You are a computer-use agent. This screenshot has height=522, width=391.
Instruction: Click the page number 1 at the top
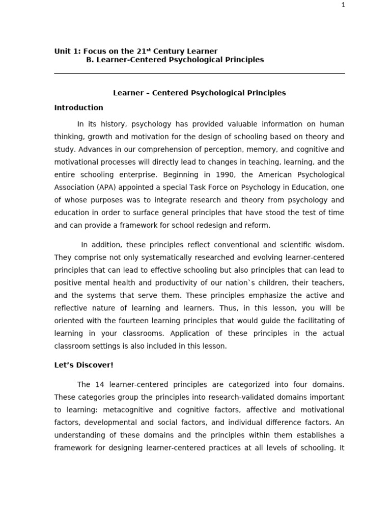(x=343, y=5)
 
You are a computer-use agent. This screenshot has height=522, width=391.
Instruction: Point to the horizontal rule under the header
(x=200, y=73)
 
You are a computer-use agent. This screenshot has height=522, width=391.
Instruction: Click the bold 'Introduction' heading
(x=78, y=108)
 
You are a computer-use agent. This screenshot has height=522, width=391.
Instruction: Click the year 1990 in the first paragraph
(x=213, y=175)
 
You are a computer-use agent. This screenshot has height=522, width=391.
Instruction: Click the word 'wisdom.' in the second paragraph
(x=329, y=245)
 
